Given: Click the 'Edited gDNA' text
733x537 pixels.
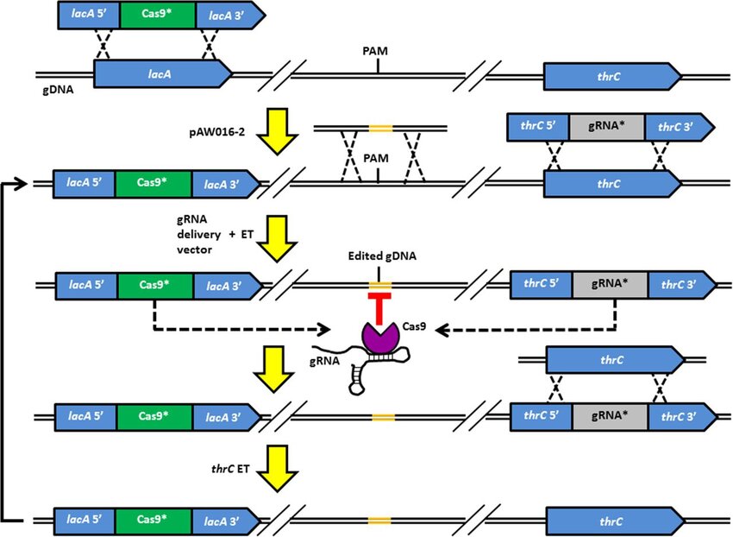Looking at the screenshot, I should pyautogui.click(x=378, y=257).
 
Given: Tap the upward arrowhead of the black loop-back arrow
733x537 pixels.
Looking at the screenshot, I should pyautogui.click(x=18, y=183).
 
